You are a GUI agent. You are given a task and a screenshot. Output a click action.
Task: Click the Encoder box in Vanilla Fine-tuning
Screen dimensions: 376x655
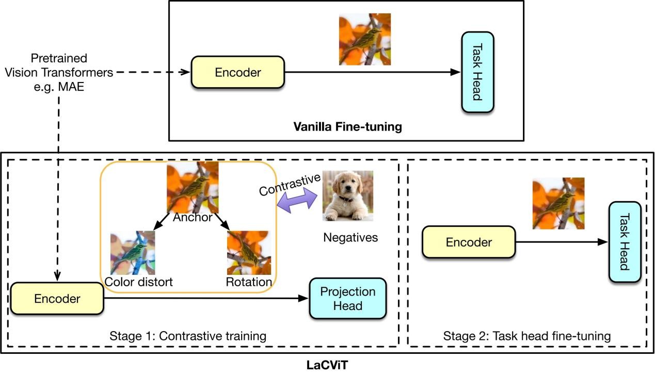pyautogui.click(x=237, y=72)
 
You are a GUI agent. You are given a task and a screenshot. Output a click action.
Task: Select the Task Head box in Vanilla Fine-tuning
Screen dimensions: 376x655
pyautogui.click(x=477, y=72)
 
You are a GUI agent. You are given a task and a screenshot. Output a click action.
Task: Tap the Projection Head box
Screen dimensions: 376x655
pyautogui.click(x=347, y=298)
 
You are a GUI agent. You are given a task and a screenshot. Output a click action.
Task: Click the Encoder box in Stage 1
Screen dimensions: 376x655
pyautogui.click(x=57, y=298)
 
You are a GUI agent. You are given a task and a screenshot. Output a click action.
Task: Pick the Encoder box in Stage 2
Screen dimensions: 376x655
pyautogui.click(x=469, y=242)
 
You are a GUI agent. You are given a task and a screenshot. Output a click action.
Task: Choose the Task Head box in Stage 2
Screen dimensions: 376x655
pyautogui.click(x=625, y=242)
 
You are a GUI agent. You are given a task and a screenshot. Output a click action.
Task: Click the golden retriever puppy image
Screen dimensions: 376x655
pyautogui.click(x=347, y=196)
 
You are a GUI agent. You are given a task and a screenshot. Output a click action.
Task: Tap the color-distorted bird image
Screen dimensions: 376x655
pyautogui.click(x=133, y=253)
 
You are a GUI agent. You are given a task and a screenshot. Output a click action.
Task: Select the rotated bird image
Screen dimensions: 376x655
pyautogui.click(x=249, y=253)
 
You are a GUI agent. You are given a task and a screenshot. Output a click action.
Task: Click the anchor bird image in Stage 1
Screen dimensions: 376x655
pyautogui.click(x=193, y=187)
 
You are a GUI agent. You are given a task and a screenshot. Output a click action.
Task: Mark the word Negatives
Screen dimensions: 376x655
pyautogui.click(x=350, y=238)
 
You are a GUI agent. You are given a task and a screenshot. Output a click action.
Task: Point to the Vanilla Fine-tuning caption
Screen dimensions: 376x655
pyautogui.click(x=347, y=126)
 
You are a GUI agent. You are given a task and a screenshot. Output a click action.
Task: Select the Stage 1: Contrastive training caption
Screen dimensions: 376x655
pyautogui.click(x=188, y=336)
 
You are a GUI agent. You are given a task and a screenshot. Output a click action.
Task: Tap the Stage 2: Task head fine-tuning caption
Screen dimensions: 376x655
pyautogui.click(x=527, y=336)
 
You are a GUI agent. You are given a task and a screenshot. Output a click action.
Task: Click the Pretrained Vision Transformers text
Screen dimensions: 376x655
pyautogui.click(x=59, y=72)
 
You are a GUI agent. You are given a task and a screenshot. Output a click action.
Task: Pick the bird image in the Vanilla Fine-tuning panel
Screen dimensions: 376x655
pyautogui.click(x=364, y=39)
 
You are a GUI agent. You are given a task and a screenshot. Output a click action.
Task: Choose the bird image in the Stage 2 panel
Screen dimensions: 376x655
pyautogui.click(x=558, y=203)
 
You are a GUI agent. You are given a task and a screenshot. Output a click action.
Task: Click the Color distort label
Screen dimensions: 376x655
pyautogui.click(x=138, y=282)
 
